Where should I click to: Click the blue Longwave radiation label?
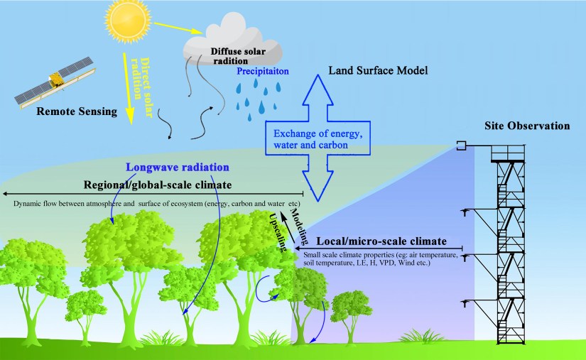pos(177,168)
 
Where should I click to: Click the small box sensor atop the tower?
pos(461,146)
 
